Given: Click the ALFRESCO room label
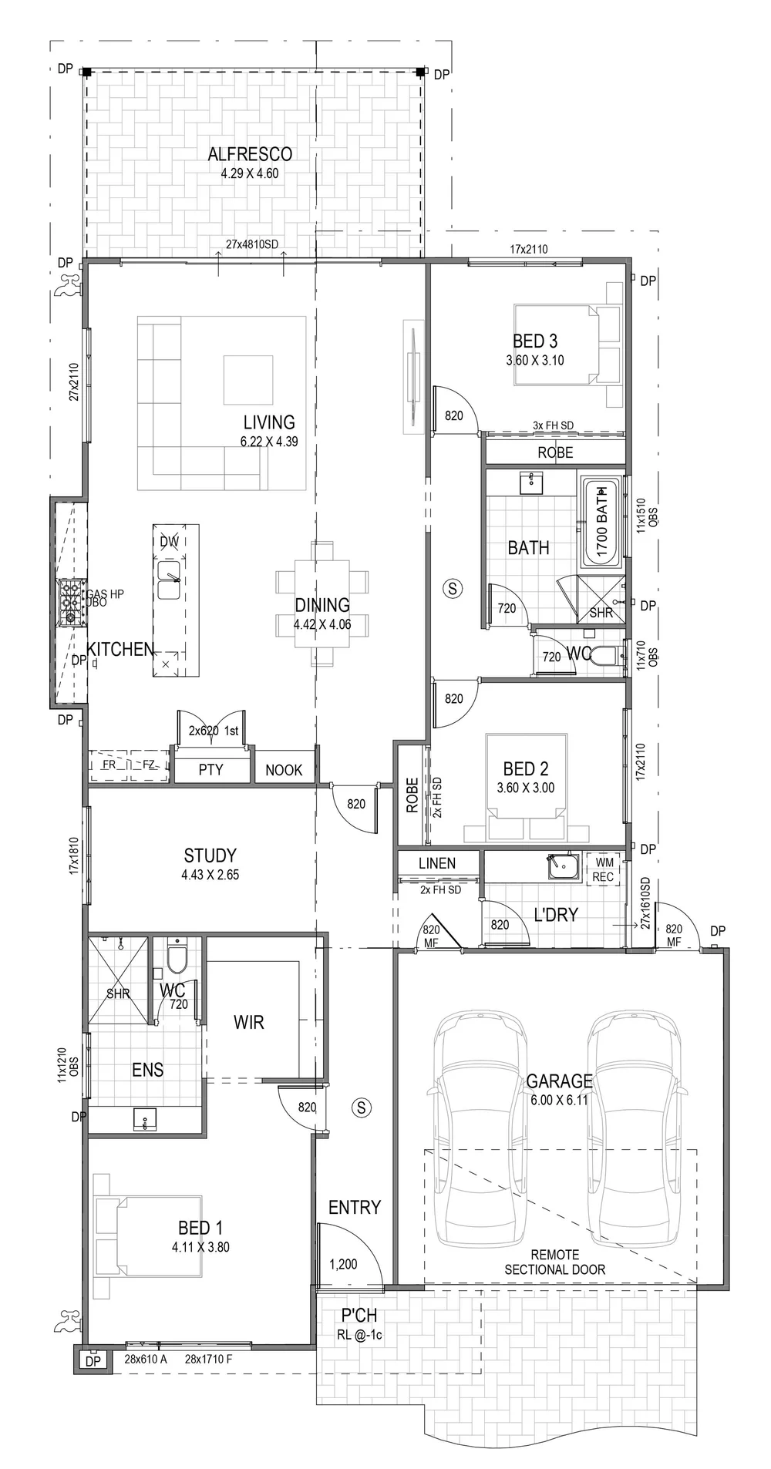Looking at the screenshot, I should (x=250, y=154).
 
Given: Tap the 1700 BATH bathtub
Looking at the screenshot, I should (x=601, y=521).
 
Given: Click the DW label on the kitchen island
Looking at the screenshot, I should (x=169, y=542).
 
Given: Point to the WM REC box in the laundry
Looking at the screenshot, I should (x=603, y=869).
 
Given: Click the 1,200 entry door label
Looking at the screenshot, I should (x=343, y=1264).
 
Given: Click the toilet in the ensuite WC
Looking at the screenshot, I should (x=177, y=959).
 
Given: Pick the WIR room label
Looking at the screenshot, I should (x=248, y=1022).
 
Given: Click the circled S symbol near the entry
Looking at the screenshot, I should (x=360, y=1108).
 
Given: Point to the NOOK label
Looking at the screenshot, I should (x=284, y=770).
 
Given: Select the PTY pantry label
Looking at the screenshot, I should (x=210, y=770).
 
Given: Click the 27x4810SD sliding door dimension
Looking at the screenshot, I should (x=251, y=244).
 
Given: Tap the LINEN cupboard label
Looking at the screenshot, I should (x=437, y=863).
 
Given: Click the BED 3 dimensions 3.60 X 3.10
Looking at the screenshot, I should (x=535, y=360).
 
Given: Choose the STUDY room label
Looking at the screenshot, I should (x=210, y=856).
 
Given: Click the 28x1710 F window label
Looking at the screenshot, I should (x=208, y=1359).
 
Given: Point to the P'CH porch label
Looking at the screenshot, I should (x=355, y=1316).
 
